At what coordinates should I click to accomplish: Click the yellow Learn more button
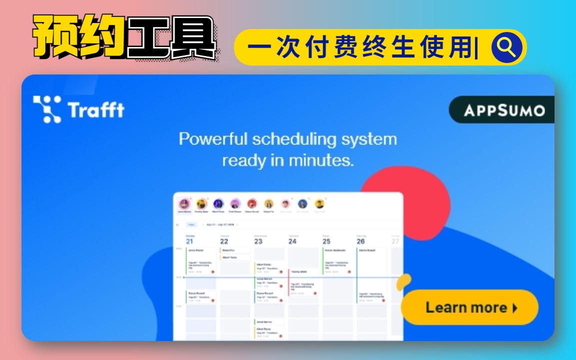click(x=470, y=307)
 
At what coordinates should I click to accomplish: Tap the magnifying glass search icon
click(x=507, y=47)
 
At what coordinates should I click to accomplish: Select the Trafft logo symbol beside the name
click(x=47, y=109)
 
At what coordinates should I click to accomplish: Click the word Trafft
click(x=96, y=109)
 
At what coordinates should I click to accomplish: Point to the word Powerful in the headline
click(x=213, y=138)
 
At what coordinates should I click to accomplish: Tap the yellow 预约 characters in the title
click(x=79, y=37)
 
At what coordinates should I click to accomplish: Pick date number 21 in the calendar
click(x=189, y=241)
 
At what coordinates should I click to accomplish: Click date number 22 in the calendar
click(x=224, y=241)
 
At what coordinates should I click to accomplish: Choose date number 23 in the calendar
click(x=258, y=241)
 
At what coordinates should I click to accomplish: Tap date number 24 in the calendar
click(x=292, y=241)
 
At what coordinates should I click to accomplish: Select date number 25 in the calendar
click(x=326, y=241)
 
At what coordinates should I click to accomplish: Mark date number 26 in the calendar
click(x=360, y=241)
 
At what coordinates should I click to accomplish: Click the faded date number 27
click(x=395, y=241)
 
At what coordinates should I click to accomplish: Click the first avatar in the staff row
click(x=184, y=204)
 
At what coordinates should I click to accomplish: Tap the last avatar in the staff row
click(x=319, y=204)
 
